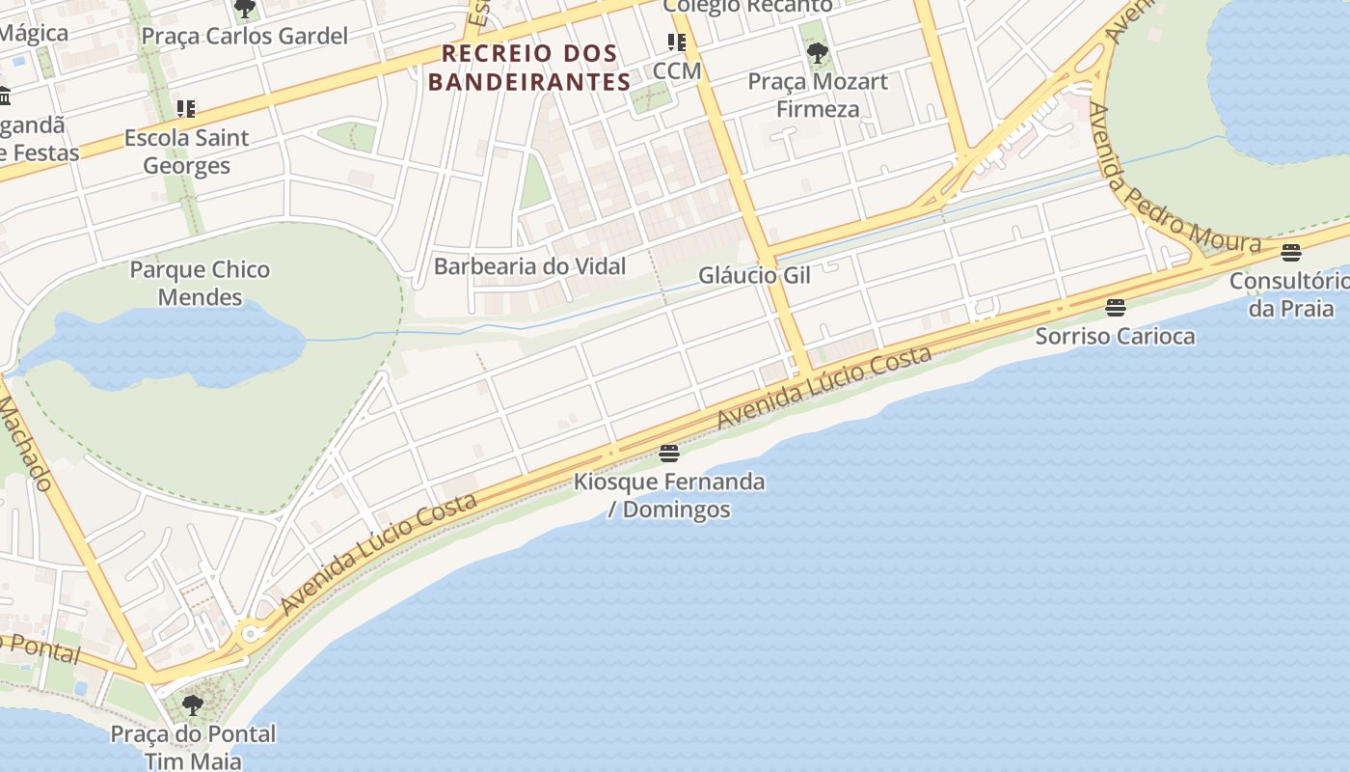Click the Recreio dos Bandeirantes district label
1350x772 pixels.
point(529,68)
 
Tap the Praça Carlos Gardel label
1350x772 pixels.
point(244,37)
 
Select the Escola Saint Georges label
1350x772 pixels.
point(186,152)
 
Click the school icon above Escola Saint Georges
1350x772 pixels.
point(185,109)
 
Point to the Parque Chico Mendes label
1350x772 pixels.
point(200,283)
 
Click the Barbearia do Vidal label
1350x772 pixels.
point(529,266)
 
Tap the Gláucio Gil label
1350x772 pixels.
point(754,276)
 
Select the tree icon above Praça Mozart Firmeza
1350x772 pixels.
point(818,52)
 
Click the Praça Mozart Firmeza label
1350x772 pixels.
point(818,95)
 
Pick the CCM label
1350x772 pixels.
point(676,71)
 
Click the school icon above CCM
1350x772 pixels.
point(676,42)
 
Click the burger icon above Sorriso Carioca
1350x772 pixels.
point(1116,308)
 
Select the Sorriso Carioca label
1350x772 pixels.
point(1115,336)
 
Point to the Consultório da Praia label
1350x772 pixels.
point(1290,294)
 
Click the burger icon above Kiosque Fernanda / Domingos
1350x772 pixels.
point(669,453)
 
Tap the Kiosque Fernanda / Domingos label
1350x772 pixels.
point(669,495)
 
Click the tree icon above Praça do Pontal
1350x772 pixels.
point(193,705)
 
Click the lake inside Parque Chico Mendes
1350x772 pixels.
point(164,343)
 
